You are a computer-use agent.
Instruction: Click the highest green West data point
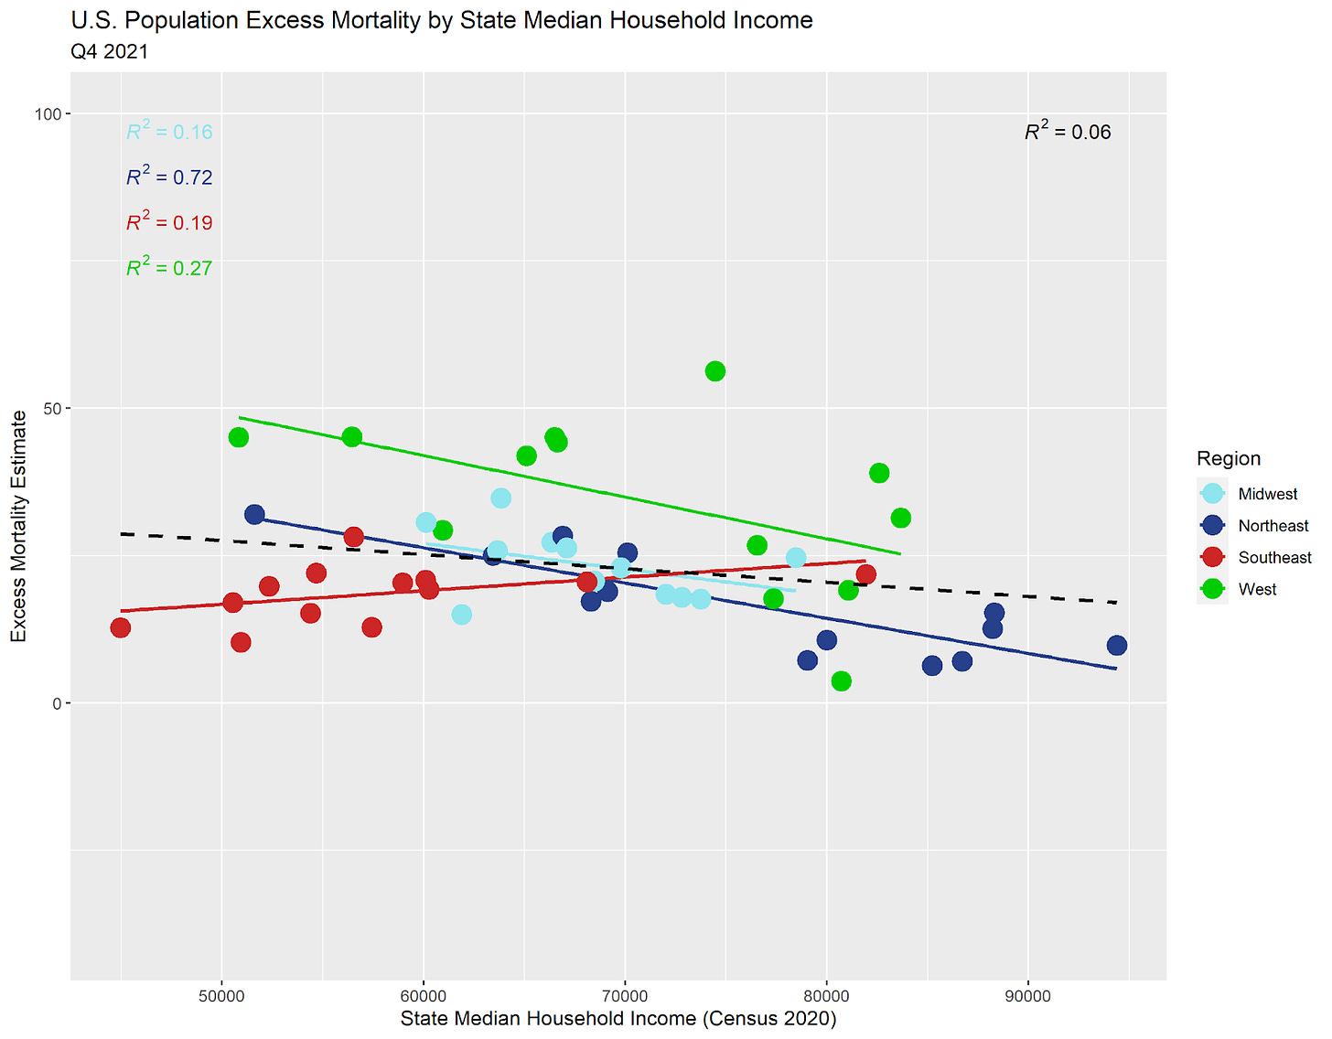click(715, 371)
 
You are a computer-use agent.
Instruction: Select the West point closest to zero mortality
click(842, 681)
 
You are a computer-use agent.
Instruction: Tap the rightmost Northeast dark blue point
click(1116, 646)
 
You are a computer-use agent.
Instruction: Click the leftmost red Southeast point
click(120, 627)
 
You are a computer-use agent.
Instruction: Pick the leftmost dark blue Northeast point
click(254, 515)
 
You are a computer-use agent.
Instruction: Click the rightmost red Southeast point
click(865, 574)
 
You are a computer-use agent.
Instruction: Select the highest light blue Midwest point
click(500, 498)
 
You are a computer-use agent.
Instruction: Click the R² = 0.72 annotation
click(169, 177)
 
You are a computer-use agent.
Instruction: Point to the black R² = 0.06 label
click(1068, 132)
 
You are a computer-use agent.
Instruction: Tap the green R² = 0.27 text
click(169, 268)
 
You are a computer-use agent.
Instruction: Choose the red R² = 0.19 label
click(169, 222)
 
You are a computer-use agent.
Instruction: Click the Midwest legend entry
click(1267, 494)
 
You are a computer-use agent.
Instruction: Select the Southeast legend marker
click(1213, 558)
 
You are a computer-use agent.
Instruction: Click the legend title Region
click(1228, 458)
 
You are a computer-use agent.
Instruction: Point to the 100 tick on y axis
click(48, 114)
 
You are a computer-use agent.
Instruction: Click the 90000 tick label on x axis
click(1027, 997)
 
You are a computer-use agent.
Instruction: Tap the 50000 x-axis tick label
click(221, 997)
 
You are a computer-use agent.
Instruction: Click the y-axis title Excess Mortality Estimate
click(18, 526)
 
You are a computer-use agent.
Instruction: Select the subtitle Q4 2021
click(109, 51)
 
